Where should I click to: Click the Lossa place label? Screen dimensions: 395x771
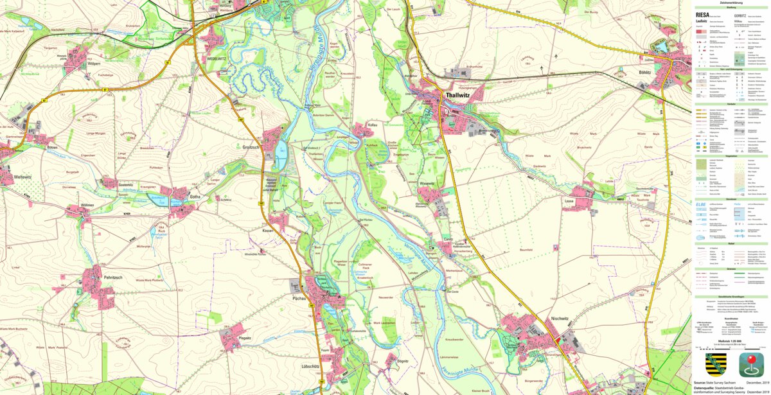pos(569,200)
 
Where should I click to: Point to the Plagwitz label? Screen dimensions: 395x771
pos(244,337)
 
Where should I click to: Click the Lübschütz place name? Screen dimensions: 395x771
pos(310,366)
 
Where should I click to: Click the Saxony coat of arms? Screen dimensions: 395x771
pos(716,364)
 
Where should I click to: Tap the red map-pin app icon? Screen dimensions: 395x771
pos(751,364)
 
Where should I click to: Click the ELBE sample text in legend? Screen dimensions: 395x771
pos(703,204)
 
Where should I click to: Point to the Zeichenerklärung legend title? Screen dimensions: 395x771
pos(731,3)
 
